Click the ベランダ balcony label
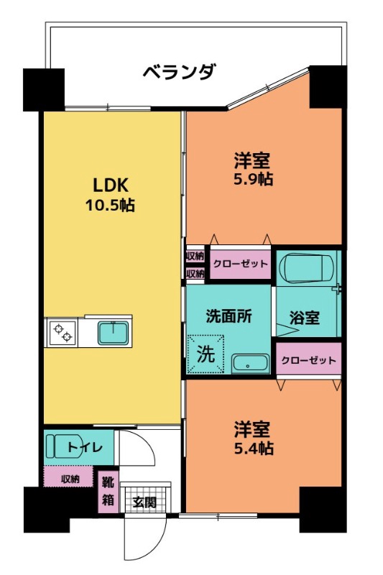pos(178,72)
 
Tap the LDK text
pos(107,183)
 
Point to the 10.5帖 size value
pos(107,205)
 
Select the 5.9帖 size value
pos(252,179)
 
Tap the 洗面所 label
pos(229,317)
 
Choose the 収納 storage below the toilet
pos(69,478)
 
